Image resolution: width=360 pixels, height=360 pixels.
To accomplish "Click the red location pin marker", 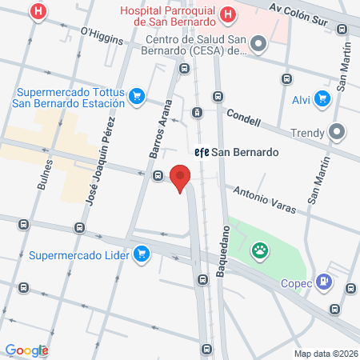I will tap(181, 178).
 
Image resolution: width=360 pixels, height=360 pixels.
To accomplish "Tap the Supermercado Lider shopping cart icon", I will tap(142, 255).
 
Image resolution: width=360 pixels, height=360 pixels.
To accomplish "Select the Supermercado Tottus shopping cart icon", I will tap(137, 96).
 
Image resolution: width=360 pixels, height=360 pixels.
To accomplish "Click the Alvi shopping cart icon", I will tap(322, 99).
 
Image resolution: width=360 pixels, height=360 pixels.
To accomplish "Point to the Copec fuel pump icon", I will tap(324, 281).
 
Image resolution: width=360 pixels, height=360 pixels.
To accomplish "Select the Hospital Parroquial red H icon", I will tap(228, 13).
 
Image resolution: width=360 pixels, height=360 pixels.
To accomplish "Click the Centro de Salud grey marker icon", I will tap(258, 46).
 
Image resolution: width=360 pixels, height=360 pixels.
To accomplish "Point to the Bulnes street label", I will tap(46, 174).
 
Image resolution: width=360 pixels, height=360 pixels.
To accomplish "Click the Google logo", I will tap(26, 350).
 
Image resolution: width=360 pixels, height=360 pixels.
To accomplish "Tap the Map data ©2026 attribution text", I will tap(325, 354).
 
